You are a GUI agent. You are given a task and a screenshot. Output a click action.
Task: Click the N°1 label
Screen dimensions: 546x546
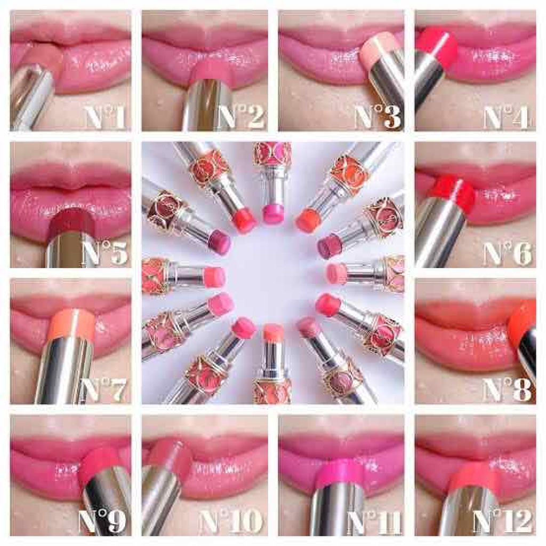point(105,117)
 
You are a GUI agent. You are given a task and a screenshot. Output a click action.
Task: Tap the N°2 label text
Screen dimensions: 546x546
point(242,117)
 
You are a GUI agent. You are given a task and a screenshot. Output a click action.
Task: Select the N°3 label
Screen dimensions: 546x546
point(378,117)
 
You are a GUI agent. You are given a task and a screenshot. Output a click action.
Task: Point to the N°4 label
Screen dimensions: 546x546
point(507,117)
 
